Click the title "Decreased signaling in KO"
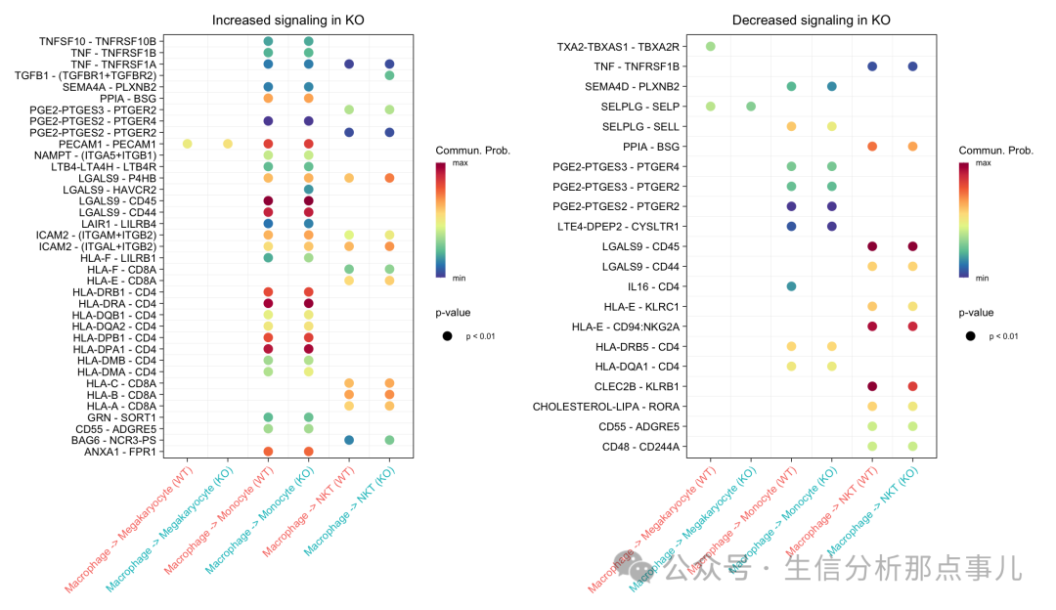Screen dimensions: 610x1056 pyautogui.click(x=812, y=21)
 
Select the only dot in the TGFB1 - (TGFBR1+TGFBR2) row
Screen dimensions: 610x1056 pyautogui.click(x=389, y=75)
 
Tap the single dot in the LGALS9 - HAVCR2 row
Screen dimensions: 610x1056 pyautogui.click(x=308, y=190)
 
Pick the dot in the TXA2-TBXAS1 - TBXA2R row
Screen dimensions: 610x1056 pyautogui.click(x=711, y=47)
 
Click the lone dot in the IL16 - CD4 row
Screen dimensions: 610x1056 pyautogui.click(x=791, y=286)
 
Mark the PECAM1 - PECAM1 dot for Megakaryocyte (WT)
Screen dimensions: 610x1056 pyautogui.click(x=187, y=144)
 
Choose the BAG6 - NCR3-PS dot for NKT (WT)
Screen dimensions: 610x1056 pyautogui.click(x=349, y=440)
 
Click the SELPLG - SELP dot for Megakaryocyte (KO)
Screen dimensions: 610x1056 pyautogui.click(x=751, y=107)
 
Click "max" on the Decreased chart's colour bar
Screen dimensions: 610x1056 pyautogui.click(x=984, y=164)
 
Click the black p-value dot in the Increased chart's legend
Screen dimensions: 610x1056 pyautogui.click(x=447, y=336)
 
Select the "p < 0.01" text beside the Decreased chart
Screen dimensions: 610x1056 pyautogui.click(x=1005, y=336)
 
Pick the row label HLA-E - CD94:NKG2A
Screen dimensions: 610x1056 pyautogui.click(x=627, y=327)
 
